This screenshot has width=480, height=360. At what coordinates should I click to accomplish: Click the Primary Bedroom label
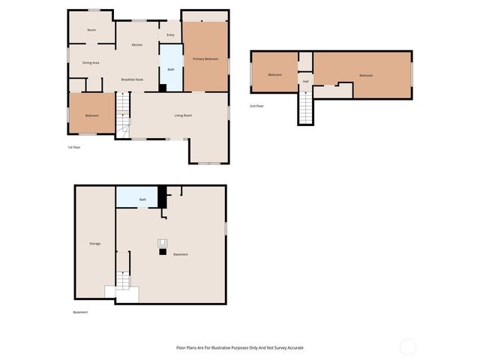pos(205,58)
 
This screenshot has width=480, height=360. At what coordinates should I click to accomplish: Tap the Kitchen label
pos(137,45)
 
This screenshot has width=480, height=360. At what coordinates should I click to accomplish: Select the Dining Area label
pos(91,63)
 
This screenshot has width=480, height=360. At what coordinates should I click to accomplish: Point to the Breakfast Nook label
pos(133,79)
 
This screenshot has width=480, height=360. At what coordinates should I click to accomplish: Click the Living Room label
pos(183,115)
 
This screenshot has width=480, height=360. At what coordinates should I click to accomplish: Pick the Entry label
pos(170,34)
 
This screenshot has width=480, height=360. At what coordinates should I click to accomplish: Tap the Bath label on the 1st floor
pos(171,70)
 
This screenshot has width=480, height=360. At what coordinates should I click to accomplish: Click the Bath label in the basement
pos(142,199)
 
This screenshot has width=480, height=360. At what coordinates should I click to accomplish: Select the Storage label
pos(95,244)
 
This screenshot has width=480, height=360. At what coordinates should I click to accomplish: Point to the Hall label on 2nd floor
pos(306,81)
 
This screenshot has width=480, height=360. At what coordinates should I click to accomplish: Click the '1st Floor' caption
pos(73,147)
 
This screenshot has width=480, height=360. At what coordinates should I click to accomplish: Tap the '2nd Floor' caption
pos(256,106)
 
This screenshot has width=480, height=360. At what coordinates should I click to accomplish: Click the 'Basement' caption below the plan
pos(80,312)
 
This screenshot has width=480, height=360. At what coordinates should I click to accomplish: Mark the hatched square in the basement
pos(161,242)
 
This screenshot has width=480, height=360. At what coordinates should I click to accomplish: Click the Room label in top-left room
pos(91,30)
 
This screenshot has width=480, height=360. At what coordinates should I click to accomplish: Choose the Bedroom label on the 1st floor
pos(91,115)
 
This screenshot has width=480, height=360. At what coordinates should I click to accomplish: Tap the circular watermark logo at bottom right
pos(408,346)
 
